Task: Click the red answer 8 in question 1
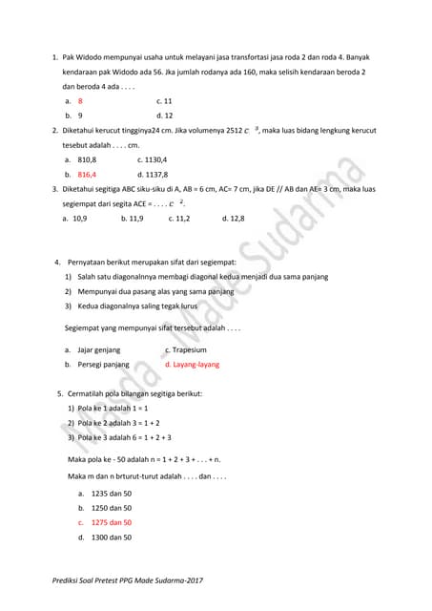pos(80,100)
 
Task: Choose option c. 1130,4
pos(152,160)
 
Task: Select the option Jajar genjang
pos(99,350)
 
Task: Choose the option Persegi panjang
pos(103,365)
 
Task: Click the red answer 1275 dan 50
pos(111,523)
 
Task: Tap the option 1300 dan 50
pos(111,537)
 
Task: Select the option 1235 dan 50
pos(111,494)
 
